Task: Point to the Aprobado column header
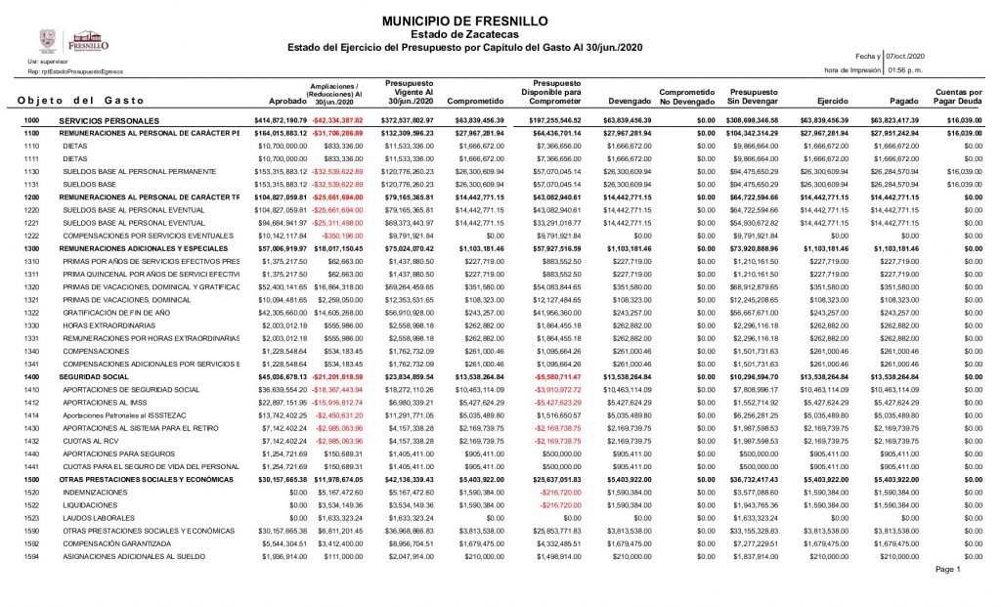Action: [x=287, y=101]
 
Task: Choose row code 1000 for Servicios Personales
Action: [x=31, y=119]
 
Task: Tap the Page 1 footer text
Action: [x=948, y=569]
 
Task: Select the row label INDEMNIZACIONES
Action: [x=95, y=492]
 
